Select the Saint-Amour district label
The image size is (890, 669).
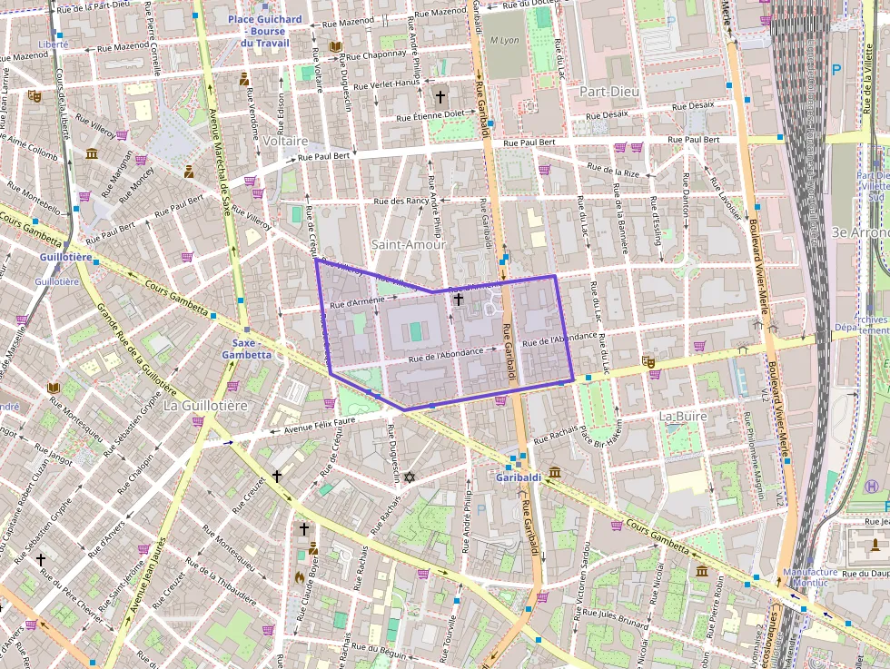click(409, 244)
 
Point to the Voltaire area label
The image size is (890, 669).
click(285, 142)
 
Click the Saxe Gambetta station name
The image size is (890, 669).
click(244, 349)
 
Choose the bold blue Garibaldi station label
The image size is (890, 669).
click(519, 477)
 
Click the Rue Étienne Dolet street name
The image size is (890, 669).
click(430, 116)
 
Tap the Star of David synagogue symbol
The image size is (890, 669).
click(410, 477)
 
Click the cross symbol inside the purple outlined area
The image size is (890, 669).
click(458, 299)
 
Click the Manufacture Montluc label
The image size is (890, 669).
click(811, 577)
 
